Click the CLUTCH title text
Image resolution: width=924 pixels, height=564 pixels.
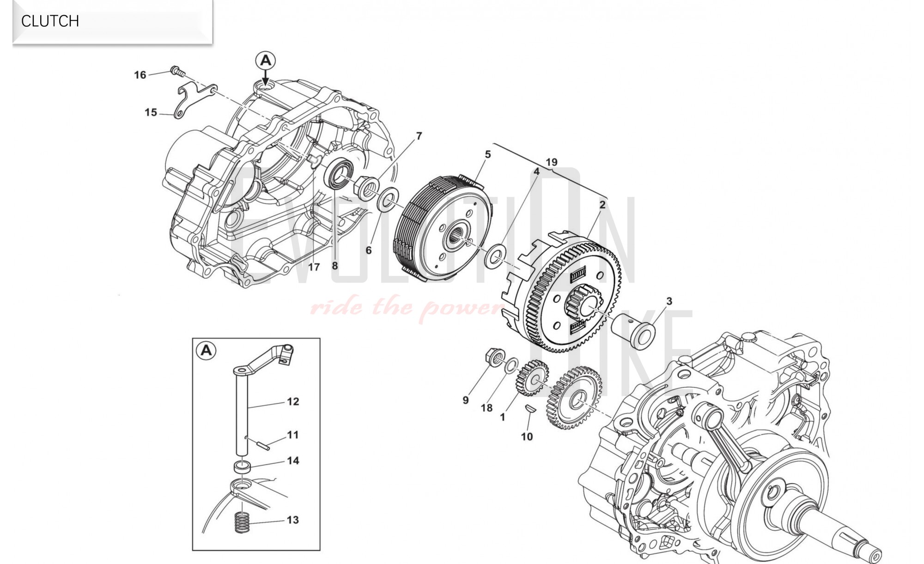[x=50, y=21]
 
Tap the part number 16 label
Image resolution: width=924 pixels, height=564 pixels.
[x=140, y=75]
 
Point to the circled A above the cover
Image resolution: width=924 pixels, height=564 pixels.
[x=266, y=61]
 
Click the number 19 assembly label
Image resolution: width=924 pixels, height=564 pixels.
[x=551, y=162]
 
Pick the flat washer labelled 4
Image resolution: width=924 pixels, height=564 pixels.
[x=495, y=257]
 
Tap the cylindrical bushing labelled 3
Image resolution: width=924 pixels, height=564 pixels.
[x=633, y=331]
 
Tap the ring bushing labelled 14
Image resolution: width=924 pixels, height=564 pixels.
[x=242, y=466]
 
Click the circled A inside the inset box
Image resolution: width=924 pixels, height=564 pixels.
[x=207, y=350]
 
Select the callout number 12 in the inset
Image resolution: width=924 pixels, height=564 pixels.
[x=293, y=402]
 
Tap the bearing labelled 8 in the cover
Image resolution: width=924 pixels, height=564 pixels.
[x=340, y=172]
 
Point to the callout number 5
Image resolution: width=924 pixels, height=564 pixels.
[x=487, y=154]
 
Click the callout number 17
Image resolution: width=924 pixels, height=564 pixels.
[x=314, y=267]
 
